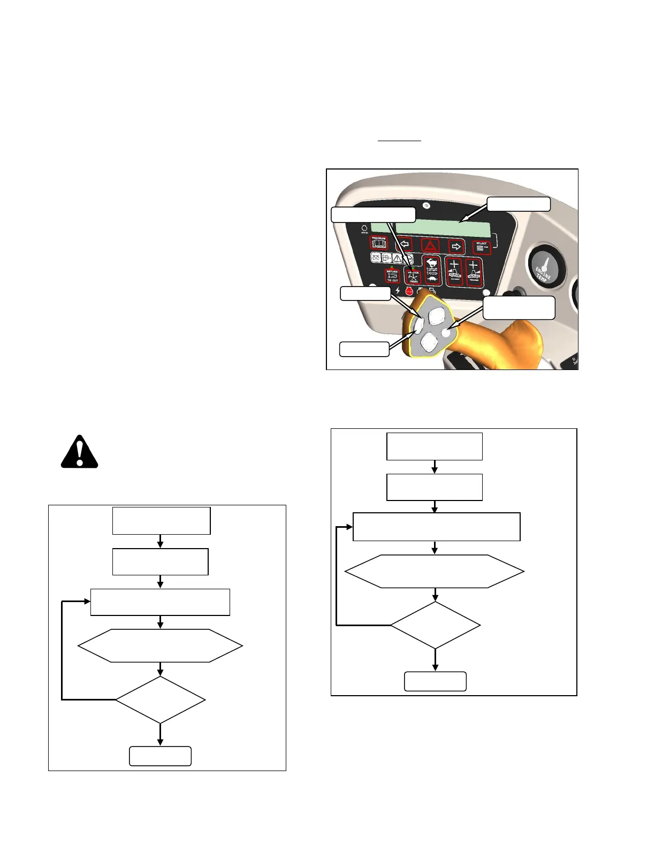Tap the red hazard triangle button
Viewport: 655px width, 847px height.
[431, 245]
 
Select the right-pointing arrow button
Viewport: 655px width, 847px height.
[456, 247]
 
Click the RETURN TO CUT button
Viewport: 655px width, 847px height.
[392, 276]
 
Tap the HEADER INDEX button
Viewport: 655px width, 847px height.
[413, 275]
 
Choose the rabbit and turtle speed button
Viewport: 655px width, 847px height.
[431, 269]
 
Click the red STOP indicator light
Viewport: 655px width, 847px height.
[409, 291]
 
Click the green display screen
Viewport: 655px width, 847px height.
[430, 229]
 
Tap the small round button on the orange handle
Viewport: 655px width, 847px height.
[446, 333]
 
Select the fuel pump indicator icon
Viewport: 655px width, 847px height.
[386, 258]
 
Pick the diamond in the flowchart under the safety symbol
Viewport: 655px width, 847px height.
[161, 699]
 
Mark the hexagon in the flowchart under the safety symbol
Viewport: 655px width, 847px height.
[161, 646]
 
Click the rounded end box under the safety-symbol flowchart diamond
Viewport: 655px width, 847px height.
[161, 756]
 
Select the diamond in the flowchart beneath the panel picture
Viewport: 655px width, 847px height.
[436, 625]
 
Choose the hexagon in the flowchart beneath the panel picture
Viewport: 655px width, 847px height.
[435, 571]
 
